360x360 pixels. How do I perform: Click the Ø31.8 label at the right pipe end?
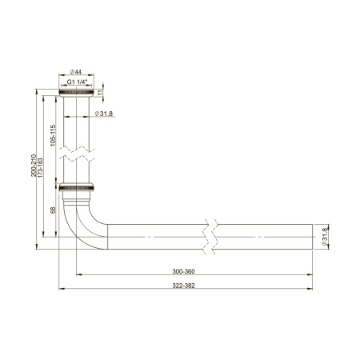pyautogui.click(x=325, y=237)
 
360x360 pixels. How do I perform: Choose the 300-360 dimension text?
pyautogui.click(x=183, y=271)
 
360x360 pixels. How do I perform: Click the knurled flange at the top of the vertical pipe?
pyautogui.click(x=78, y=94)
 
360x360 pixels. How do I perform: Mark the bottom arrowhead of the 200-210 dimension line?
pyautogui.click(x=37, y=247)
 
